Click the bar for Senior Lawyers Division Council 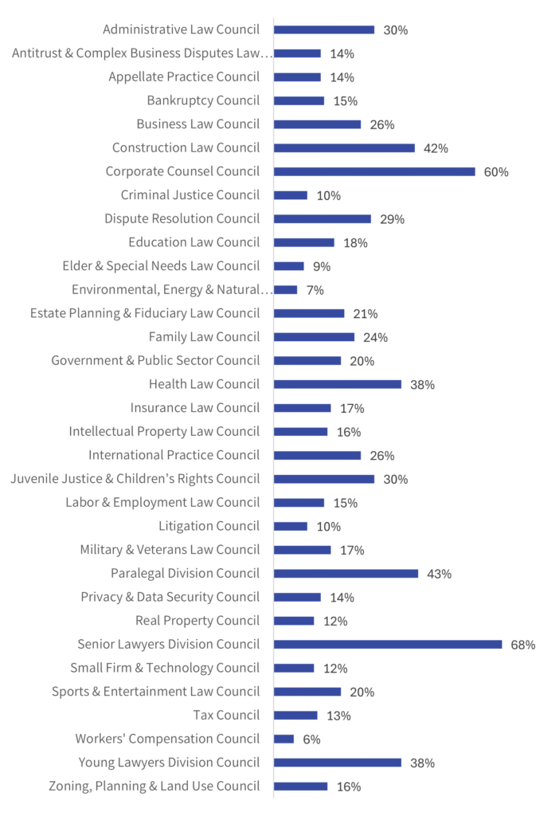[x=388, y=644]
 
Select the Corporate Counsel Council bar [x=374, y=171]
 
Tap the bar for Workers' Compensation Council [x=284, y=739]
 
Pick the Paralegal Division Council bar [x=346, y=573]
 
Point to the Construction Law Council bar [x=344, y=147]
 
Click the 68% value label [x=523, y=645]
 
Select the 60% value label [x=496, y=172]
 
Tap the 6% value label [x=311, y=739]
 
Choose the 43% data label [x=439, y=574]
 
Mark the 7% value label [x=315, y=290]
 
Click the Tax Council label [x=226, y=715]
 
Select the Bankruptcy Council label [x=203, y=100]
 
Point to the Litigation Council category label [x=209, y=526]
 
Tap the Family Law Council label [x=204, y=337]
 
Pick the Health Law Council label [x=204, y=384]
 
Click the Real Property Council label [x=197, y=621]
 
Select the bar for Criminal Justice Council [x=291, y=195]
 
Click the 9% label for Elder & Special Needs [x=321, y=267]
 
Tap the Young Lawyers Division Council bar [x=338, y=762]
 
